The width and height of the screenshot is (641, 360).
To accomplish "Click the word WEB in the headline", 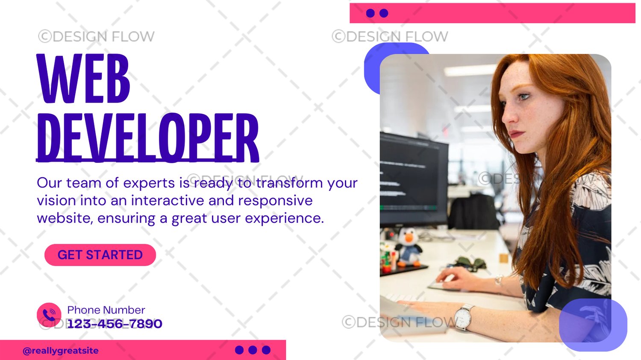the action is tap(83, 78).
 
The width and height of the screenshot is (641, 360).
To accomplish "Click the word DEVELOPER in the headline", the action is tap(148, 138).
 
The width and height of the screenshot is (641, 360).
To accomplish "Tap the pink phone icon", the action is tap(49, 315).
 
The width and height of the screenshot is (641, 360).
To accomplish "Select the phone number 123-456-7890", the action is tap(115, 324).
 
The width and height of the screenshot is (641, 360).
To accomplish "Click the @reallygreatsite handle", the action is tap(61, 351).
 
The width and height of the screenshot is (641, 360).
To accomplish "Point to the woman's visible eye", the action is tap(523, 96).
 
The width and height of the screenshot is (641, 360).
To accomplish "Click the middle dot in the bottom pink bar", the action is tap(253, 350).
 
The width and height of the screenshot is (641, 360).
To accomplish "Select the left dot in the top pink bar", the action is tap(370, 13).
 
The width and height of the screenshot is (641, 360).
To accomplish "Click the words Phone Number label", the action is tap(106, 310).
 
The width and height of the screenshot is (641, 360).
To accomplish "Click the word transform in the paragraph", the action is tap(289, 183).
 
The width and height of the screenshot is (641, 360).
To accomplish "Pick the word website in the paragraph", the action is tap(65, 218).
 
